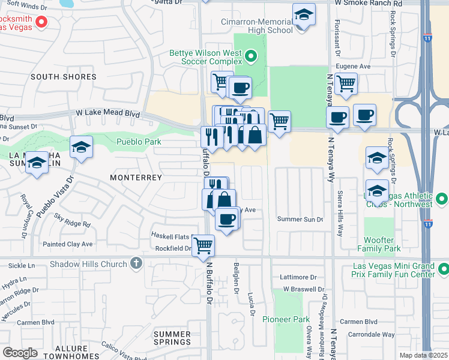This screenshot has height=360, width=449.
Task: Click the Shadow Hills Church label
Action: click(88, 264)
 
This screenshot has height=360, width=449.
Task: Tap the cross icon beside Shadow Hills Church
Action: click(136, 263)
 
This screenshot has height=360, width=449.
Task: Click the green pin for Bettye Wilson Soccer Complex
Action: click(252, 57)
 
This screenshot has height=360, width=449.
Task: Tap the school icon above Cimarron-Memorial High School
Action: click(304, 15)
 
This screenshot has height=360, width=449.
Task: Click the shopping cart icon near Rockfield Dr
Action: click(203, 245)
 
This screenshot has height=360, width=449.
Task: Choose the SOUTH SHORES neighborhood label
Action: click(64, 77)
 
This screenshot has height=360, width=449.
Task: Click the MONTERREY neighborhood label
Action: click(136, 178)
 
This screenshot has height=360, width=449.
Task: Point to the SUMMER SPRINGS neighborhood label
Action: click(172, 338)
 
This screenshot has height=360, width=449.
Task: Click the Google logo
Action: click(20, 352)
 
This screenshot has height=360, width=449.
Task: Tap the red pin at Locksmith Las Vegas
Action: click(41, 23)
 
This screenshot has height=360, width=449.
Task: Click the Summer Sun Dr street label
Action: click(300, 219)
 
